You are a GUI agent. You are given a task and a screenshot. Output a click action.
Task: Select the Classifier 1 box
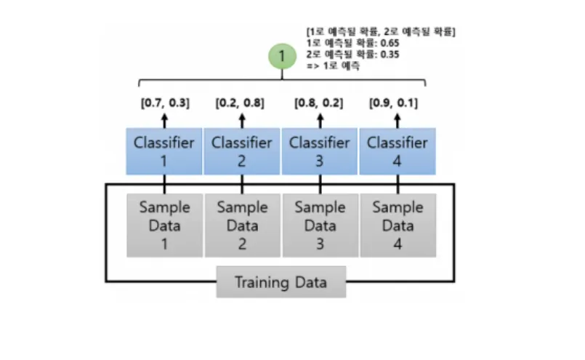(x=164, y=151)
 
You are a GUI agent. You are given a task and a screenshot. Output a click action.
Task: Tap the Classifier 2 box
(x=242, y=151)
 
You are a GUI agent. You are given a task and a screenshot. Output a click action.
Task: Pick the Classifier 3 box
(x=320, y=151)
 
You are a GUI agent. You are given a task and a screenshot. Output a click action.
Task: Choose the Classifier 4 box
(x=398, y=151)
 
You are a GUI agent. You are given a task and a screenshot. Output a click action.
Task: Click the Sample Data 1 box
(x=164, y=225)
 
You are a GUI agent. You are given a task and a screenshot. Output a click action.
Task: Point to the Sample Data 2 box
(x=242, y=225)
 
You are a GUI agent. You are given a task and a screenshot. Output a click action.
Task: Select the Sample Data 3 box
(x=320, y=225)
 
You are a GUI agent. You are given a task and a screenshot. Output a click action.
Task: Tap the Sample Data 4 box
(x=398, y=225)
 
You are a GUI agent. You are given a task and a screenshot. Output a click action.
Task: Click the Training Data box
(x=281, y=282)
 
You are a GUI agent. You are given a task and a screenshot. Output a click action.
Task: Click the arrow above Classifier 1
(x=164, y=119)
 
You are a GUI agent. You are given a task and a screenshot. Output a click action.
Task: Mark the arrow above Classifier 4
(x=398, y=119)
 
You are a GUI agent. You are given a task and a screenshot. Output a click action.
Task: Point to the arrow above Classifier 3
(x=320, y=119)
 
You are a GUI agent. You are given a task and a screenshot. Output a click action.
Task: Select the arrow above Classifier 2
(x=242, y=119)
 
